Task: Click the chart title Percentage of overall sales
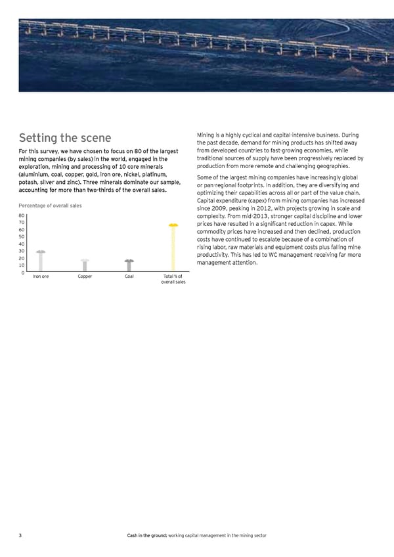tap(50, 208)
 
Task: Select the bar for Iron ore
tap(41, 261)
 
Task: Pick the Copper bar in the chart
tap(85, 265)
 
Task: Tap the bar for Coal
tap(129, 265)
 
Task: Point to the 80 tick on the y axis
tap(22, 215)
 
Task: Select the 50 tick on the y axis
tap(22, 236)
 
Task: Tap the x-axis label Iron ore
tap(41, 277)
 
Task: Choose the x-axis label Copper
tap(85, 277)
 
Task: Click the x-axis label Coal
tap(129, 277)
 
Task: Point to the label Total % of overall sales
tap(173, 279)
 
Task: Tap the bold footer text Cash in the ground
tap(146, 536)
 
